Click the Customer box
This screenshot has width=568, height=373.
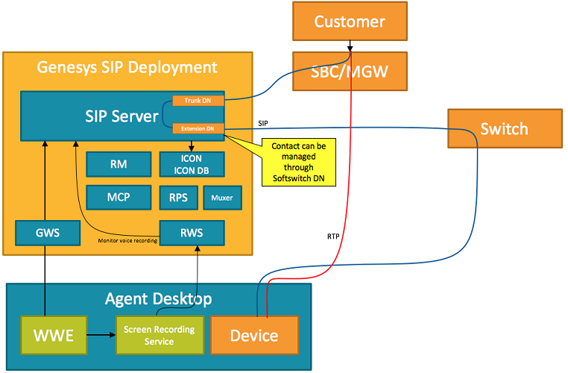[350, 22]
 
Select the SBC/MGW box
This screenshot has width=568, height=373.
[350, 72]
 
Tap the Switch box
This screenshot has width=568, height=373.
[503, 129]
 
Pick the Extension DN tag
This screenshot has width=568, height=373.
[197, 129]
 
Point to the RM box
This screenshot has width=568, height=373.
[118, 165]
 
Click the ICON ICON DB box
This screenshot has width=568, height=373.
[192, 165]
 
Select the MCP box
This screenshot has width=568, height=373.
[118, 198]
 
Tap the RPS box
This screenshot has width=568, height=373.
[178, 198]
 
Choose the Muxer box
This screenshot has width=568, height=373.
[221, 198]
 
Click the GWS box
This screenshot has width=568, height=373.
[48, 233]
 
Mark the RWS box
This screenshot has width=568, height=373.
[192, 233]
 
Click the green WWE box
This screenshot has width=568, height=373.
[54, 335]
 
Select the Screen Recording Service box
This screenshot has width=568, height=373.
[159, 335]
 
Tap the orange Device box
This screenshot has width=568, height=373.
[255, 335]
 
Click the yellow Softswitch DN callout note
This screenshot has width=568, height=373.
[297, 162]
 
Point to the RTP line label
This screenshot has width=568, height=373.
[334, 235]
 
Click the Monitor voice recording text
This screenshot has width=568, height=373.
[127, 240]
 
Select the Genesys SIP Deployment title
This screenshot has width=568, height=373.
[127, 67]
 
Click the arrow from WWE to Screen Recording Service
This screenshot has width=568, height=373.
[101, 335]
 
